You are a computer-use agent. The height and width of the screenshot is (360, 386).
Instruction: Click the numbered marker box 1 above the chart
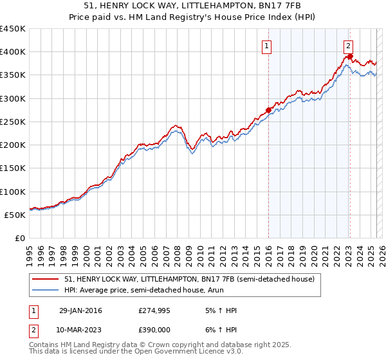[x=266, y=46]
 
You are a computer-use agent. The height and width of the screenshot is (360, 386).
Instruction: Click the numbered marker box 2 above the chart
[x=348, y=46]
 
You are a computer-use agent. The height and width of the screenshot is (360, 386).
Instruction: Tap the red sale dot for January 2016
[x=268, y=109]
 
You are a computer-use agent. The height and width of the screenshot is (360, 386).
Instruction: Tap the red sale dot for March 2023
[x=349, y=56]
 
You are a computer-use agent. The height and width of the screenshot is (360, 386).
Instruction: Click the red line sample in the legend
[x=45, y=279]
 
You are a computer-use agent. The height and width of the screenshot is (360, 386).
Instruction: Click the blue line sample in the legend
[x=45, y=290]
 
